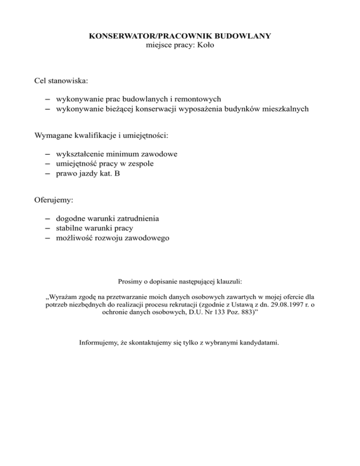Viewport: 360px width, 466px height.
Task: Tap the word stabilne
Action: (x=69, y=228)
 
